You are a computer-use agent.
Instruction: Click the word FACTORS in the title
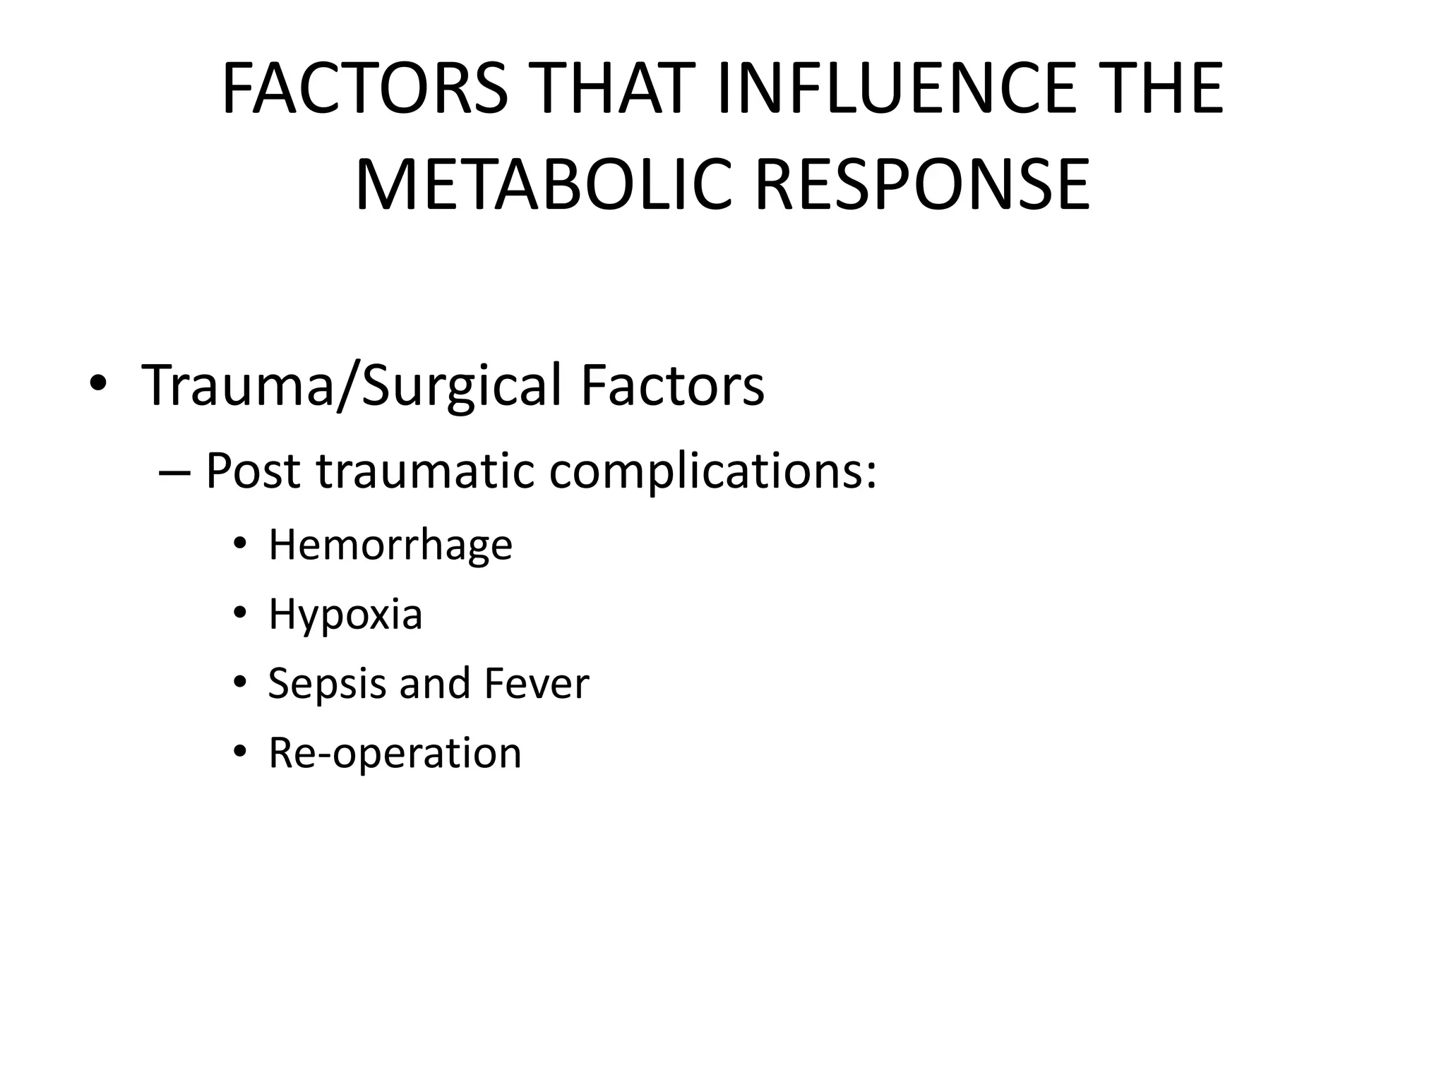click(364, 89)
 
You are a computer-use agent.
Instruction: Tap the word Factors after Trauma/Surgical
click(672, 386)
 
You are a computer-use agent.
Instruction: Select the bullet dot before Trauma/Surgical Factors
click(98, 386)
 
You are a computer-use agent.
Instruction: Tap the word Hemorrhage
click(390, 545)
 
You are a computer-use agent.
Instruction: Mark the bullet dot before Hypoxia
click(240, 614)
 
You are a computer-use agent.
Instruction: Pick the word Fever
click(537, 683)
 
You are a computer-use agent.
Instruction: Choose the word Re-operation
click(395, 753)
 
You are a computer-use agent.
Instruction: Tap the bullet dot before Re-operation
click(240, 752)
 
